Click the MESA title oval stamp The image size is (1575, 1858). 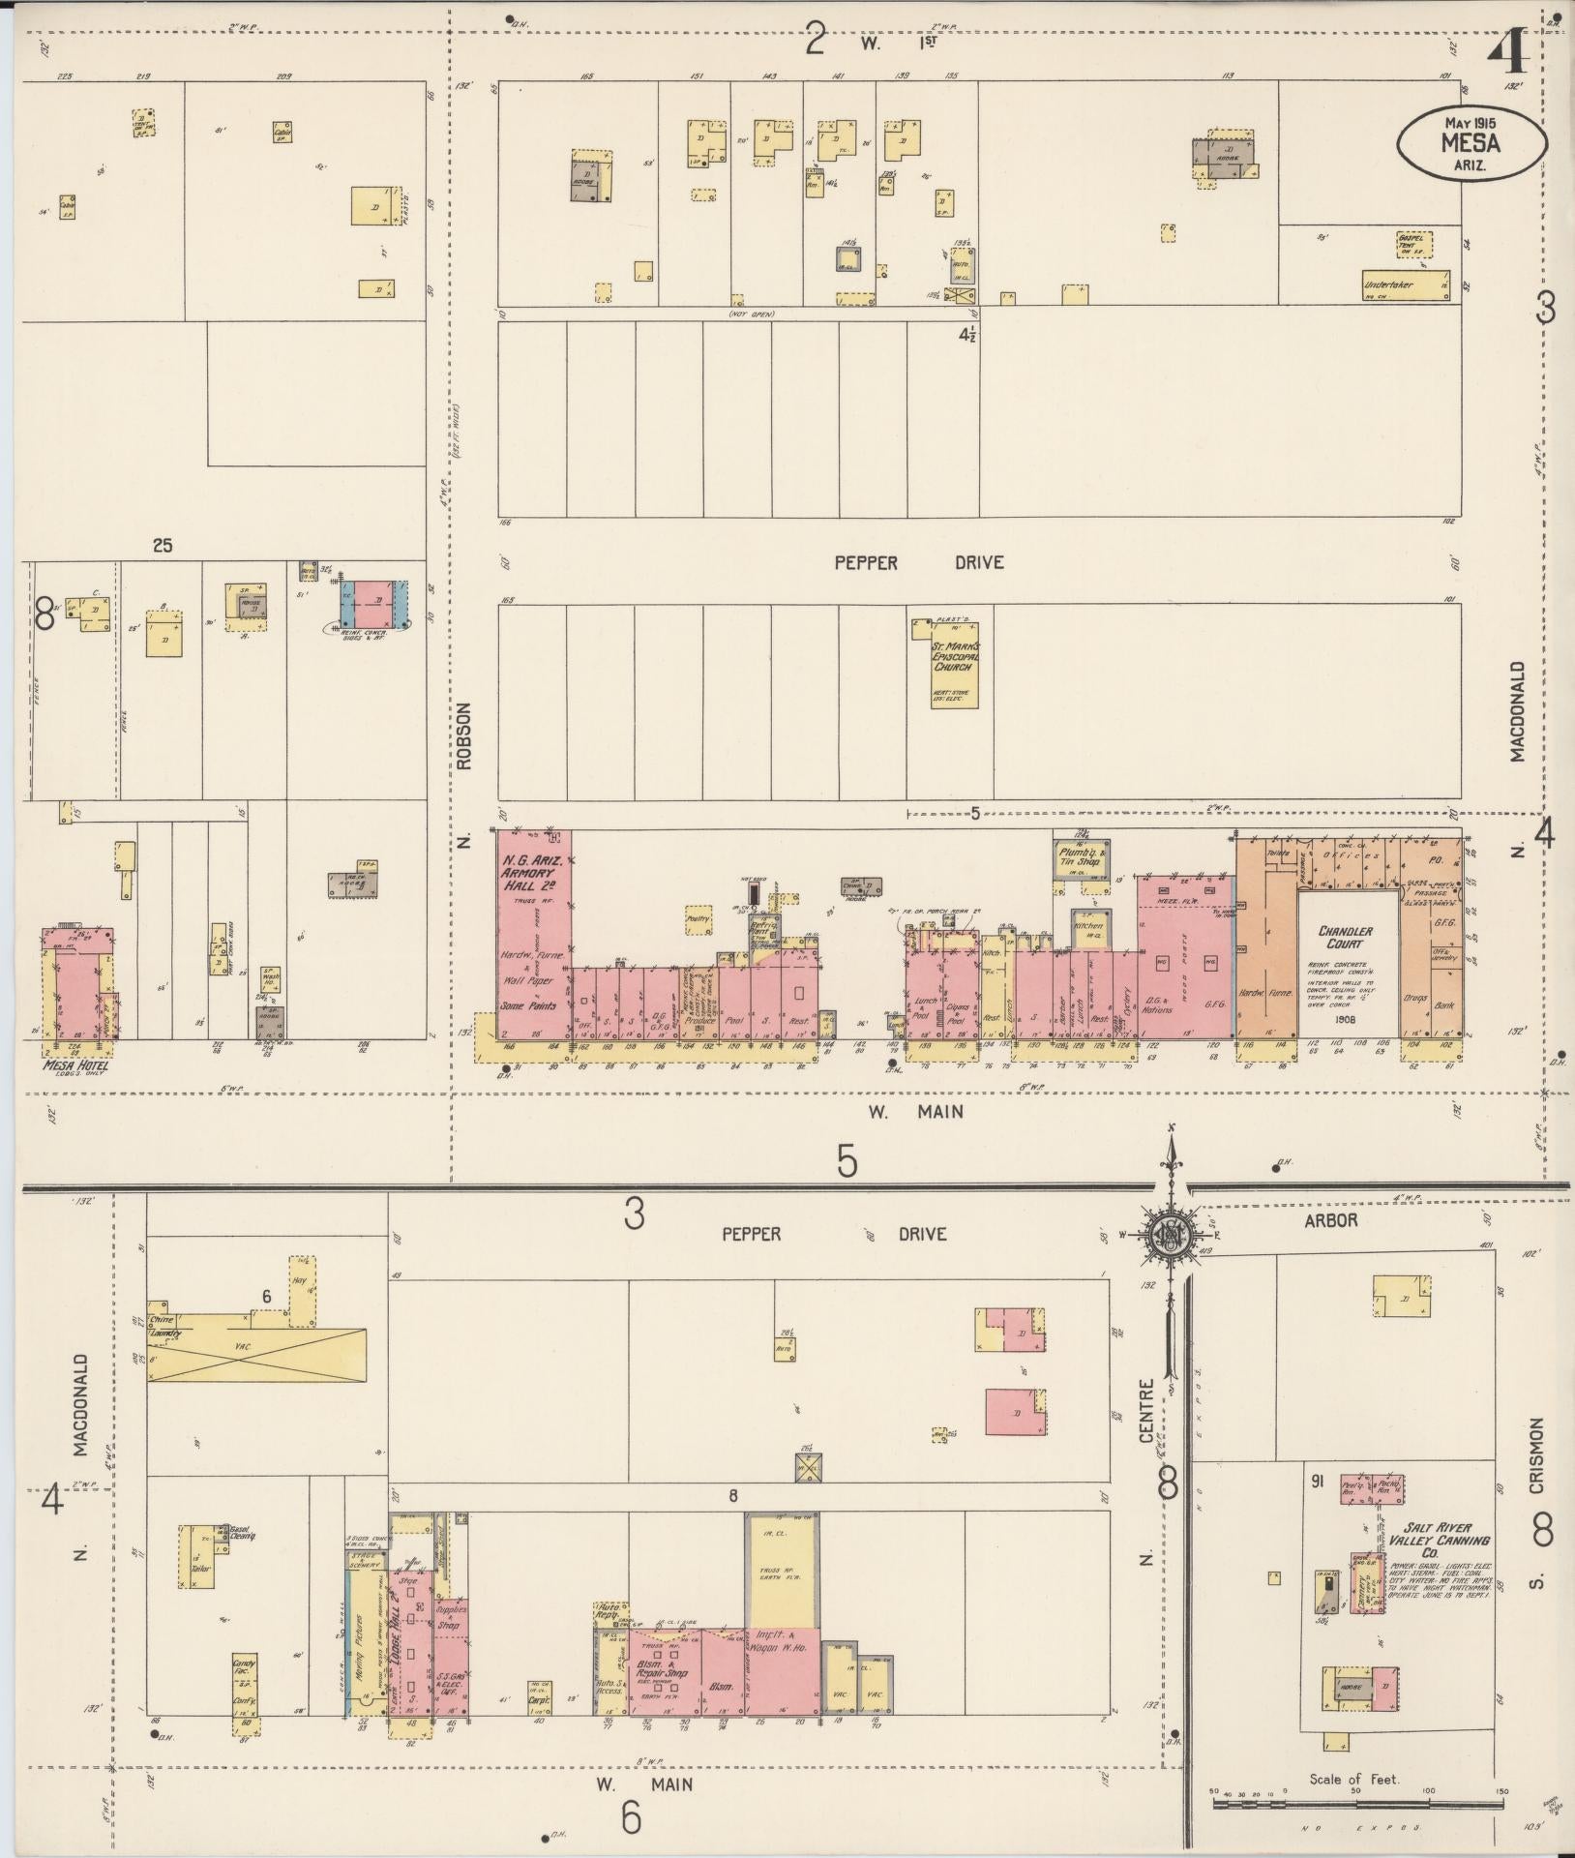pos(1471,141)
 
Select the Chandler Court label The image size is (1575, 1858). pos(1345,937)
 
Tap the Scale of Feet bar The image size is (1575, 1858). pos(1355,1802)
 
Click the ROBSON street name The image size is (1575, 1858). pos(464,735)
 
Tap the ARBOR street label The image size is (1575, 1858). pos(1330,1220)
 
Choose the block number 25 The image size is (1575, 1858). pos(162,546)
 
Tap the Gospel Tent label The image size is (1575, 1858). pos(1413,244)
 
